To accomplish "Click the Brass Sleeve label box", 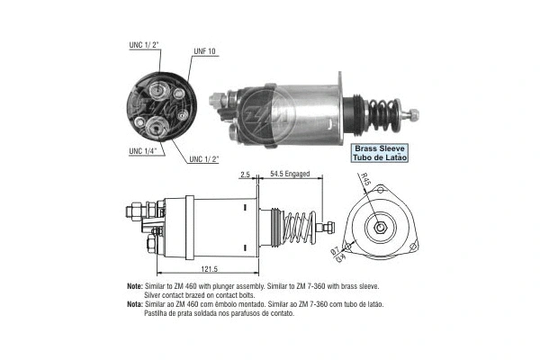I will pos(380,152).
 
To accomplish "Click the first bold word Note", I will pos(135,284).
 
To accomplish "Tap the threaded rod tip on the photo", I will pos(413,114).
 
